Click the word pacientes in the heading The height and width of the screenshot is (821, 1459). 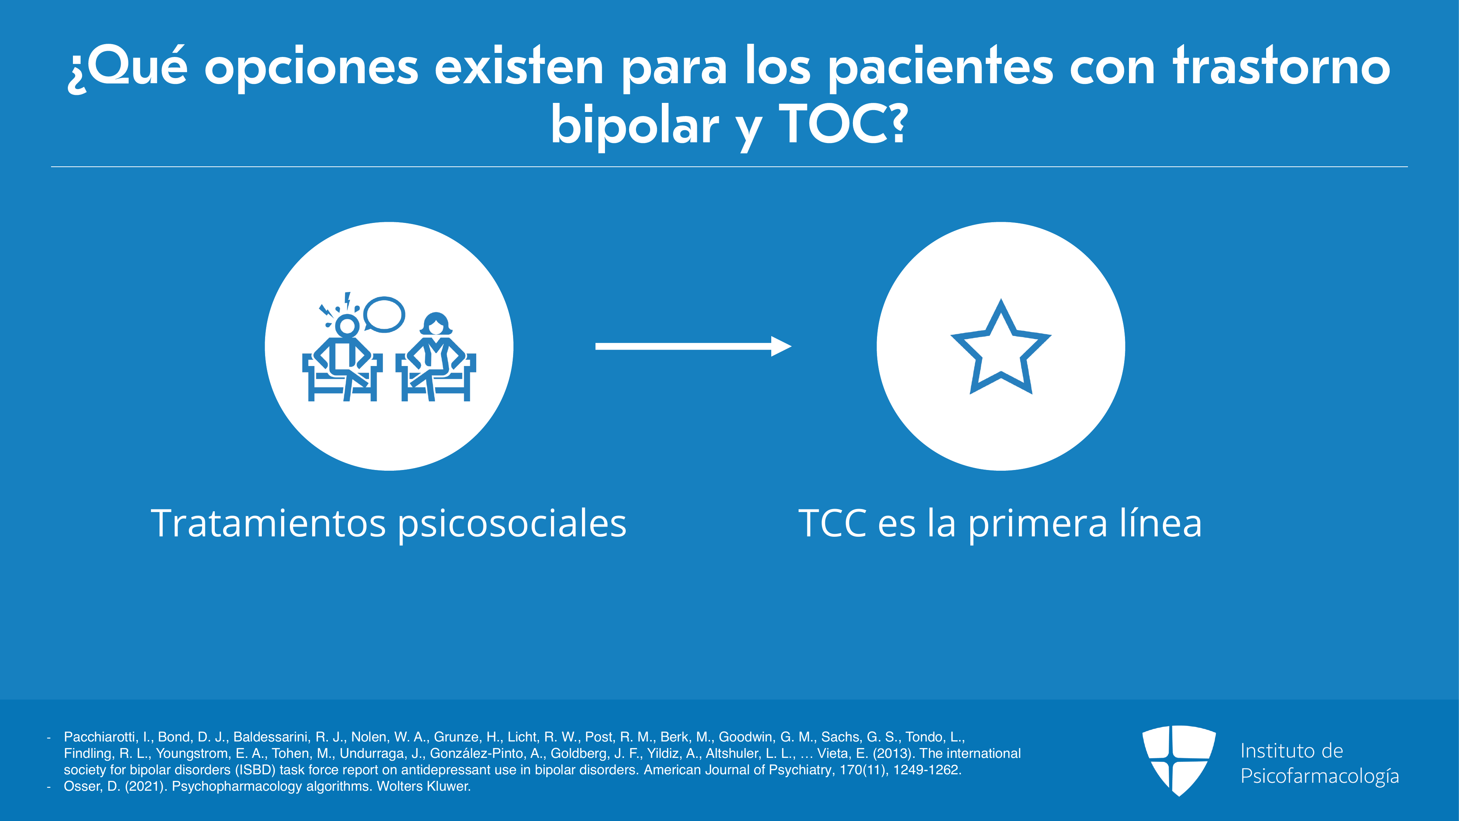941,68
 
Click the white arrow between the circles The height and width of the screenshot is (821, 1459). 693,346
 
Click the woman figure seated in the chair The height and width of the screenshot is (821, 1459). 435,357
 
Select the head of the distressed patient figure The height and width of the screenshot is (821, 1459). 347,325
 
